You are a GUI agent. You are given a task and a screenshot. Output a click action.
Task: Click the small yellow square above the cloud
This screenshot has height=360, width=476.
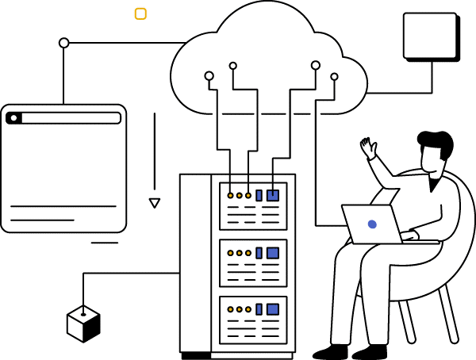pyautogui.click(x=140, y=13)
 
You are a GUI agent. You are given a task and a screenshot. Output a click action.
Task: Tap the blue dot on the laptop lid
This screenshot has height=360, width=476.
pyautogui.click(x=372, y=225)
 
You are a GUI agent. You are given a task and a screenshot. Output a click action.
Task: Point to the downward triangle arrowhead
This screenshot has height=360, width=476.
pyautogui.click(x=155, y=203)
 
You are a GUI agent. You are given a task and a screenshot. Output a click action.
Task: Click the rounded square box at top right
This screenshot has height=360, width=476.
pyautogui.click(x=430, y=36)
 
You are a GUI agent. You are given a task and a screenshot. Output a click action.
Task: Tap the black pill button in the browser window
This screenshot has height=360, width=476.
pyautogui.click(x=13, y=118)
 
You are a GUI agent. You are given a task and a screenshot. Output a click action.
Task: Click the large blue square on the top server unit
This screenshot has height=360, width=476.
pyautogui.click(x=273, y=194)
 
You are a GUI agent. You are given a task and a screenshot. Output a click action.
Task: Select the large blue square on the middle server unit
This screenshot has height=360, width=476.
pyautogui.click(x=273, y=253)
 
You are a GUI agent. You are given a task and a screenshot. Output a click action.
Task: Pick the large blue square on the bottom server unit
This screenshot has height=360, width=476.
pyautogui.click(x=273, y=308)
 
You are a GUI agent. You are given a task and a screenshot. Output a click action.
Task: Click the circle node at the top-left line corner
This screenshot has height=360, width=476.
pyautogui.click(x=64, y=43)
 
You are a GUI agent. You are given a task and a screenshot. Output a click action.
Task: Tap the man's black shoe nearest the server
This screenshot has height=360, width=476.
pyautogui.click(x=330, y=350)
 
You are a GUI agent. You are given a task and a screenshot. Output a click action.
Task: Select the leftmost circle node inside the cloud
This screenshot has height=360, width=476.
pyautogui.click(x=209, y=76)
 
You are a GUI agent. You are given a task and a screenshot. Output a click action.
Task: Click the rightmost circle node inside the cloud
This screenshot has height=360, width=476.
pyautogui.click(x=334, y=76)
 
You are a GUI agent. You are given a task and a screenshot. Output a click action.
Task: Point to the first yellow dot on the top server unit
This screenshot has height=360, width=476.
pyautogui.click(x=230, y=194)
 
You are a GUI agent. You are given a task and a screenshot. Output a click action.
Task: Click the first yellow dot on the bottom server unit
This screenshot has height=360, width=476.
pyautogui.click(x=230, y=308)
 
